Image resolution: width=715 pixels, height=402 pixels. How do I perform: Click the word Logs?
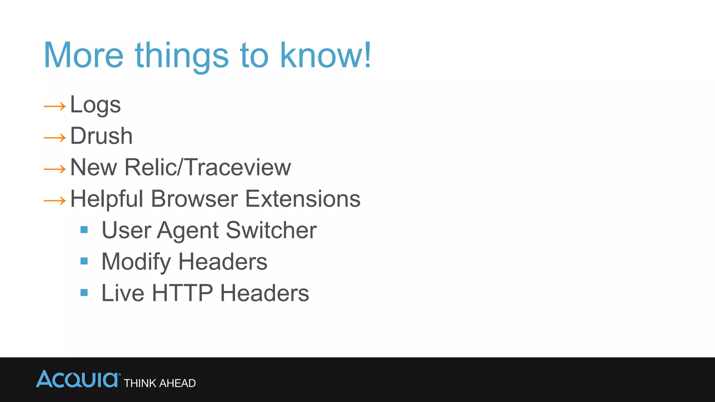(95, 105)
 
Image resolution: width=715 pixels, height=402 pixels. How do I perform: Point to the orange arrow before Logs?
(55, 106)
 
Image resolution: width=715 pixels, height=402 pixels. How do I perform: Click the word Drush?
(101, 136)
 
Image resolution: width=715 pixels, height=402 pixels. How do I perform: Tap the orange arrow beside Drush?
(55, 138)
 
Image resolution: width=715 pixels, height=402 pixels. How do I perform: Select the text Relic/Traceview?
(207, 167)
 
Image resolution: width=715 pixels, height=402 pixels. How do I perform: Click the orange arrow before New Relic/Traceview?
(55, 169)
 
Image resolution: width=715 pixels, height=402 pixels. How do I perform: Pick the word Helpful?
(107, 199)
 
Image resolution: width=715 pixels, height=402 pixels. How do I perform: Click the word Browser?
(194, 199)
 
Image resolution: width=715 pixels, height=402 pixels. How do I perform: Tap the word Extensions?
(303, 199)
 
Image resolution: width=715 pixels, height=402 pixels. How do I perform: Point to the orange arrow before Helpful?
(55, 201)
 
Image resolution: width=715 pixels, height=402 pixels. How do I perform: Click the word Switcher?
(271, 230)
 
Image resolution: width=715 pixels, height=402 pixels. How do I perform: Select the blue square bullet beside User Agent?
(84, 230)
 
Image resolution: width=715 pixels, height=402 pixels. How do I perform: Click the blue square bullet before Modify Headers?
(84, 261)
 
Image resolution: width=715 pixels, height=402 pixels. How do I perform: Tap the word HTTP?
(182, 293)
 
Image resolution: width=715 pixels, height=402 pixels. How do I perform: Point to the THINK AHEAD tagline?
(160, 383)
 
